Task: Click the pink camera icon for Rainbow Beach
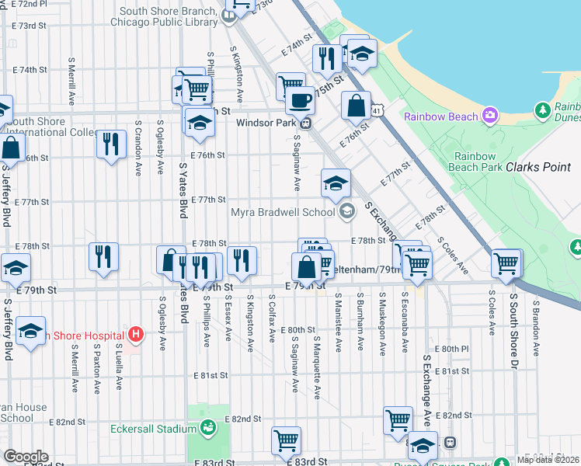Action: point(489,116)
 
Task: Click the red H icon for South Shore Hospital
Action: point(136,336)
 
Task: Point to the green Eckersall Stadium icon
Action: point(207,428)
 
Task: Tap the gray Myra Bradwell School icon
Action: point(346,211)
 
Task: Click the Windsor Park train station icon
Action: point(307,122)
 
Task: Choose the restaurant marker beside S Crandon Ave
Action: point(110,144)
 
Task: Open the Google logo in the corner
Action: point(26,457)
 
